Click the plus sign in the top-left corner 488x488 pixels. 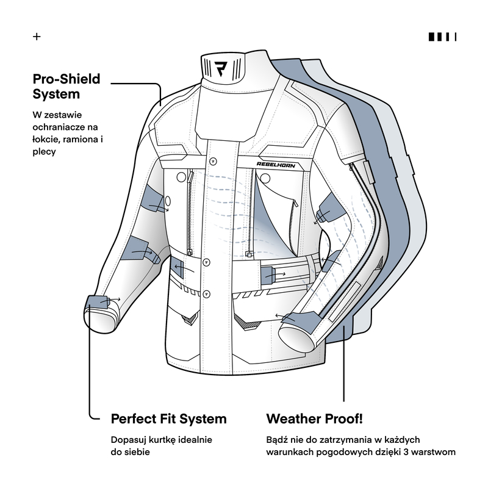click(37, 37)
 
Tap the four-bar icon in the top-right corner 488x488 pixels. click(442, 37)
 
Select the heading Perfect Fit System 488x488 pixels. click(168, 419)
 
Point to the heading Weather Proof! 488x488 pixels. click(315, 419)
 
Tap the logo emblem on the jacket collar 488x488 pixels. click(224, 68)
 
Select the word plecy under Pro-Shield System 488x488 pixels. click(45, 152)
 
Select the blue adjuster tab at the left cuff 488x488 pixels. click(96, 302)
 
